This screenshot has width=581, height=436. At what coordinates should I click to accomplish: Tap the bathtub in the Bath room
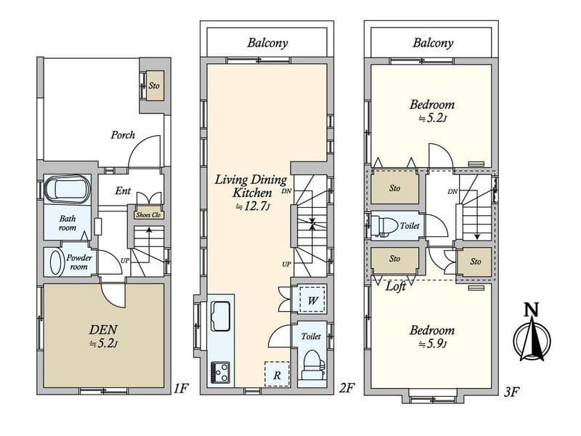68,190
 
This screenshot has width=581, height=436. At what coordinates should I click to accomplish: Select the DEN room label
103,329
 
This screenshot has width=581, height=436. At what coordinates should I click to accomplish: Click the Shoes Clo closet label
148,215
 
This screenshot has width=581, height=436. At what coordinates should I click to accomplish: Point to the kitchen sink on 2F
220,316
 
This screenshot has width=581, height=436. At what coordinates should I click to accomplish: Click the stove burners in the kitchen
220,372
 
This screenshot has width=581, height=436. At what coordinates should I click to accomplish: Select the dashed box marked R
277,374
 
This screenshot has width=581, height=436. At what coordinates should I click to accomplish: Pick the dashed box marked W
312,299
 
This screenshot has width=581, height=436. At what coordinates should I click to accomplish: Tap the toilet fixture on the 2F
313,365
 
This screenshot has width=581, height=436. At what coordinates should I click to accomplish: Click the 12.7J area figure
252,207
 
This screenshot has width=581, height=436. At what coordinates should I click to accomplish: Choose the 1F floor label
181,389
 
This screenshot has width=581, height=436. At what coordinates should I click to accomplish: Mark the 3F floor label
511,392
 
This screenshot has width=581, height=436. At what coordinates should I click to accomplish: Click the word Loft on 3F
395,286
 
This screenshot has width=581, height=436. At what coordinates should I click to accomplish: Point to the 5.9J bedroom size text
432,344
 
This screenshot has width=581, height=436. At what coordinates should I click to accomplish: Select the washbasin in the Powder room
56,262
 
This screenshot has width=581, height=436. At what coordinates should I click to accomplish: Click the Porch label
123,135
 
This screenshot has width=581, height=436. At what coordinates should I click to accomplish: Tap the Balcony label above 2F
267,43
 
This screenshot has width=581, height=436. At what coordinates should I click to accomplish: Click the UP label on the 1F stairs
125,261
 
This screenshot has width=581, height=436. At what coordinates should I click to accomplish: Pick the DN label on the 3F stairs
452,192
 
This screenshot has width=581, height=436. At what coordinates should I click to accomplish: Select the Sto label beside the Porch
154,86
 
